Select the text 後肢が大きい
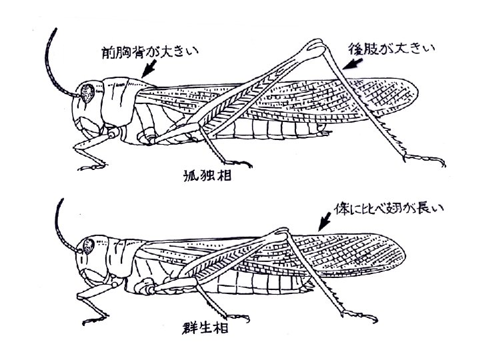coord(392,48)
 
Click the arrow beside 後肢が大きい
coord(353,63)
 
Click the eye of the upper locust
coord(87,94)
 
